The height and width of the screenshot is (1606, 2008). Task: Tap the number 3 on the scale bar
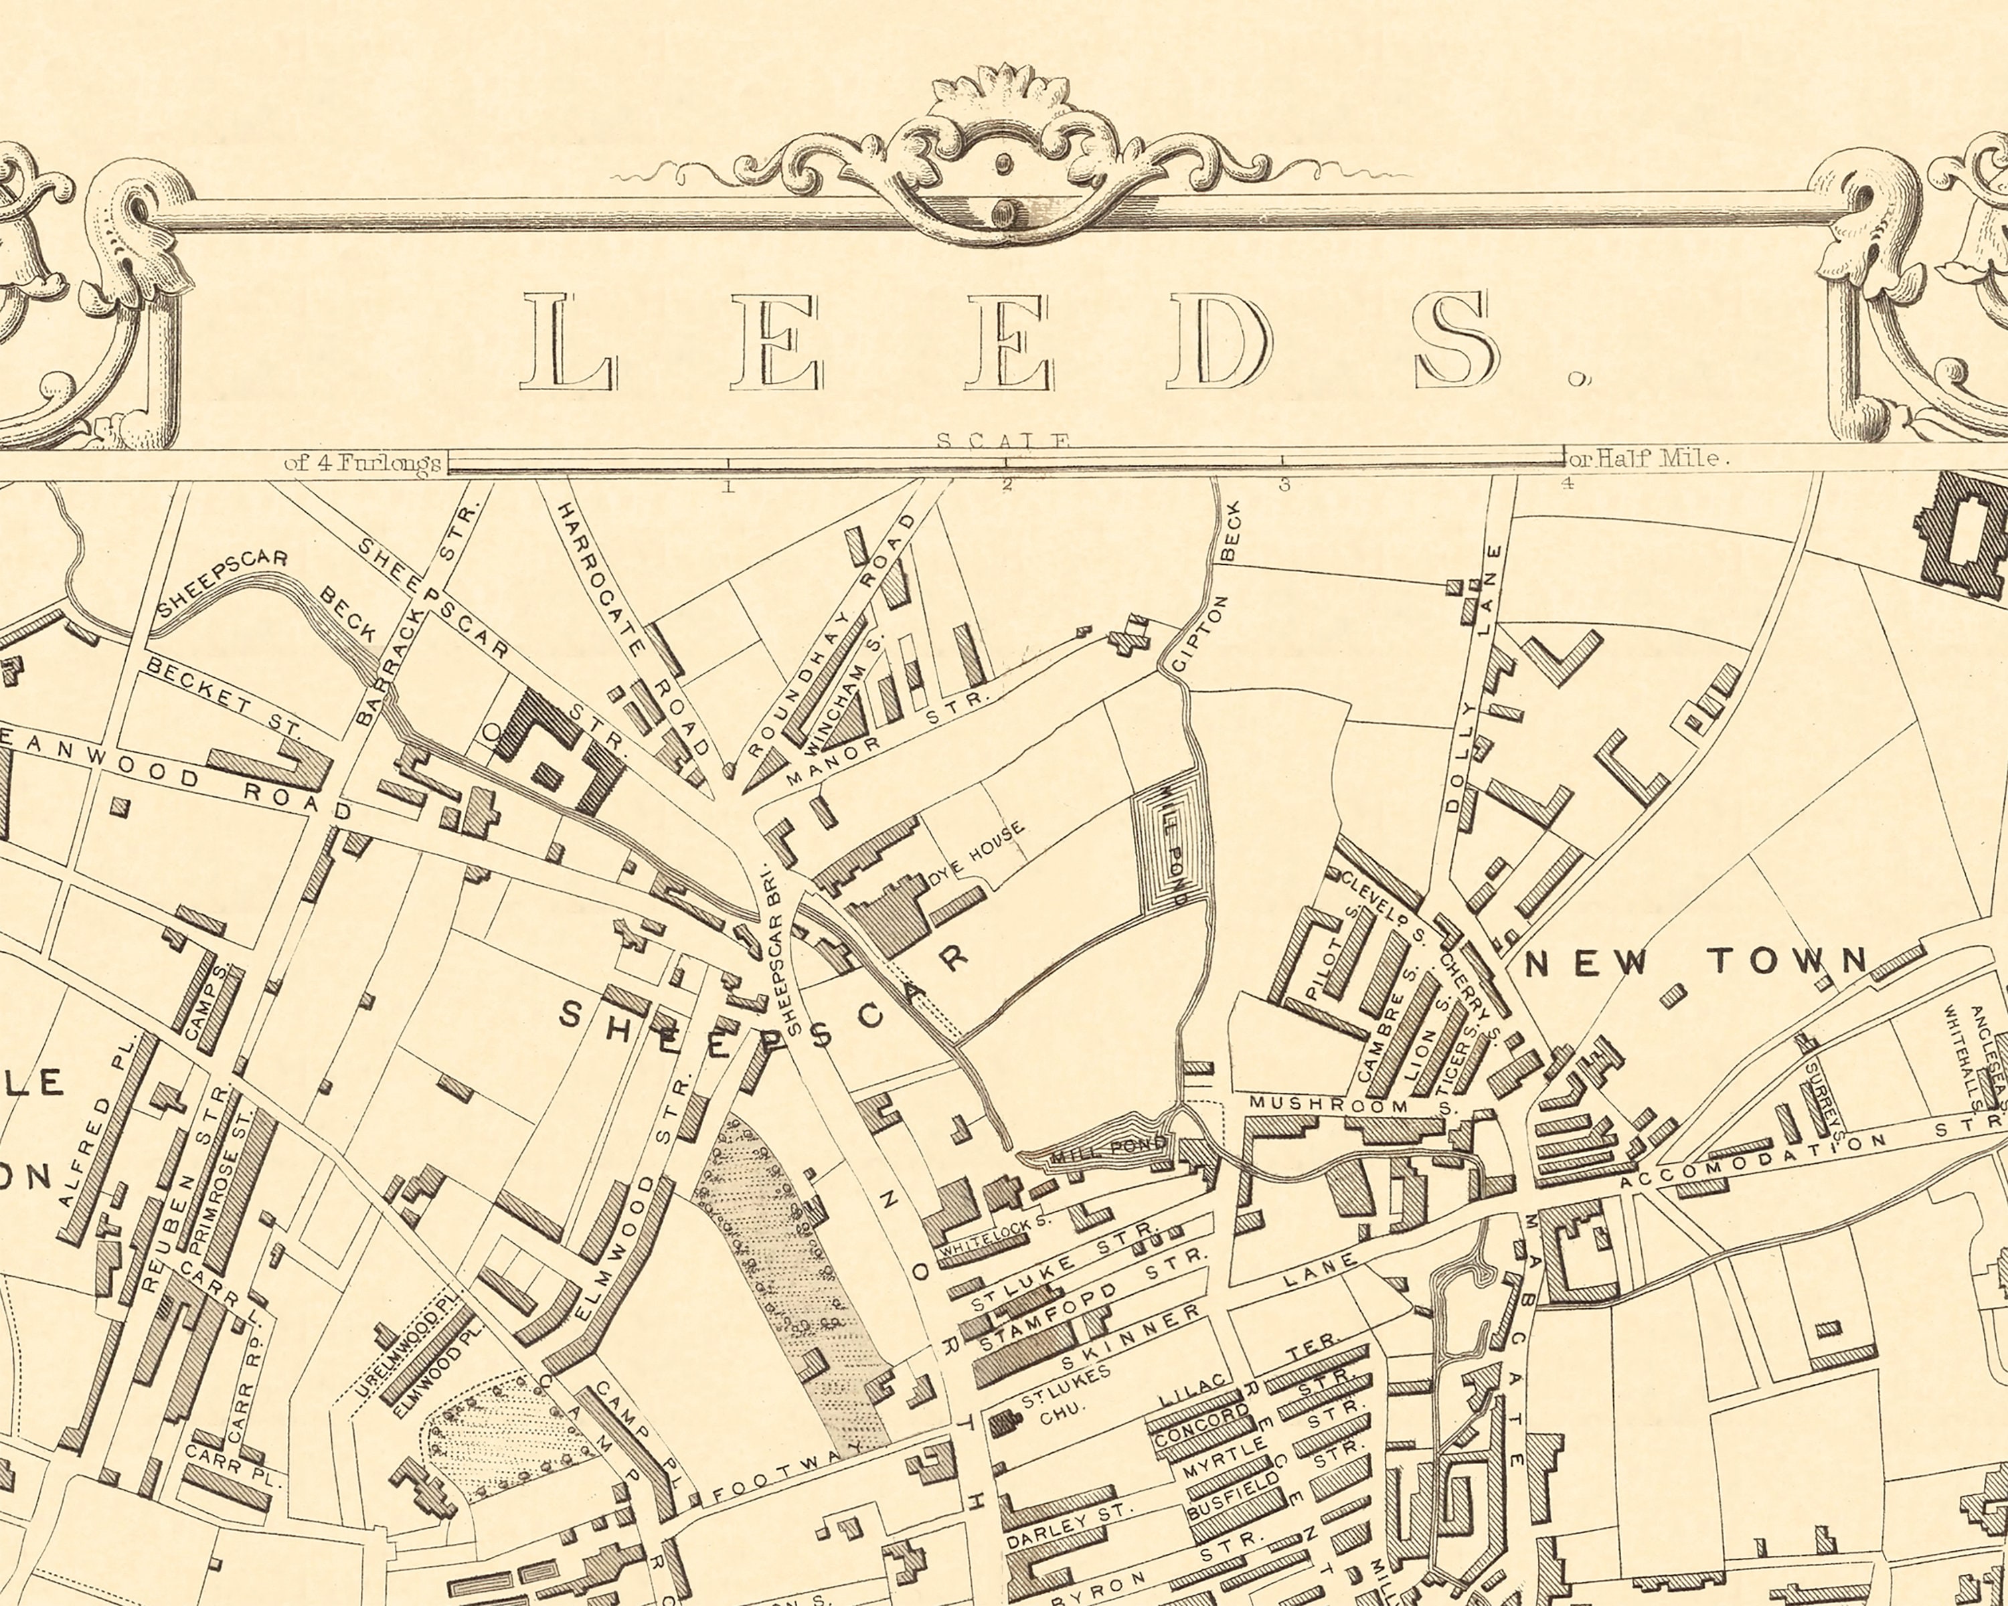coord(1284,484)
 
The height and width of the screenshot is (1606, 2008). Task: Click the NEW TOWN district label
coord(1694,962)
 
